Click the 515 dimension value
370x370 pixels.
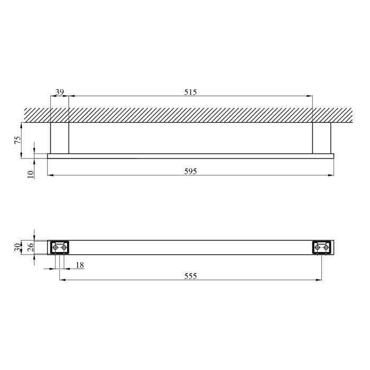coord(190,92)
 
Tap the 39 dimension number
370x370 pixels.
coord(59,92)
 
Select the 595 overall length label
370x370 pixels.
coord(190,171)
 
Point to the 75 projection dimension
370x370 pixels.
coord(18,140)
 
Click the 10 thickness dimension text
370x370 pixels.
coord(31,174)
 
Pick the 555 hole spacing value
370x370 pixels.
coord(190,276)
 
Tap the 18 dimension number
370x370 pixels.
coord(80,265)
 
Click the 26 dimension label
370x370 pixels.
coord(31,247)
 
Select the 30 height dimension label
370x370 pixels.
coord(17,247)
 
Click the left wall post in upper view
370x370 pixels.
coord(59,138)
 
